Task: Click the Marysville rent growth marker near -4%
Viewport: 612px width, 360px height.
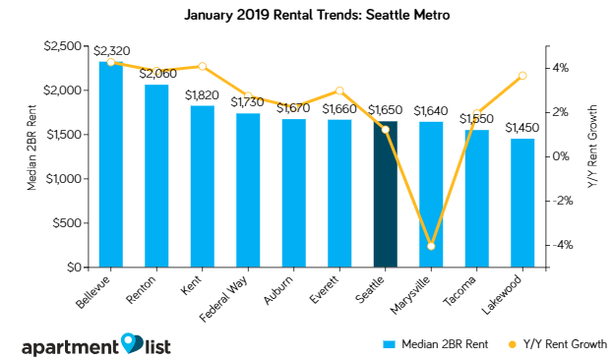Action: pos(431,246)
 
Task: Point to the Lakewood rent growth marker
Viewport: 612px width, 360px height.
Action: pos(522,76)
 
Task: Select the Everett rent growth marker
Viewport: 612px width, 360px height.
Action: pos(339,90)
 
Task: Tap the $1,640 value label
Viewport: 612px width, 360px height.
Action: pos(431,111)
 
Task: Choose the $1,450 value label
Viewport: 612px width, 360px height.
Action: pos(522,128)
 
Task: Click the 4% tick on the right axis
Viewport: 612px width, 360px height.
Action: pos(557,68)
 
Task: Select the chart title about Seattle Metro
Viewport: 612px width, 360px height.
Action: pos(305,16)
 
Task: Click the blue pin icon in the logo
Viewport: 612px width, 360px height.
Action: pos(132,343)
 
